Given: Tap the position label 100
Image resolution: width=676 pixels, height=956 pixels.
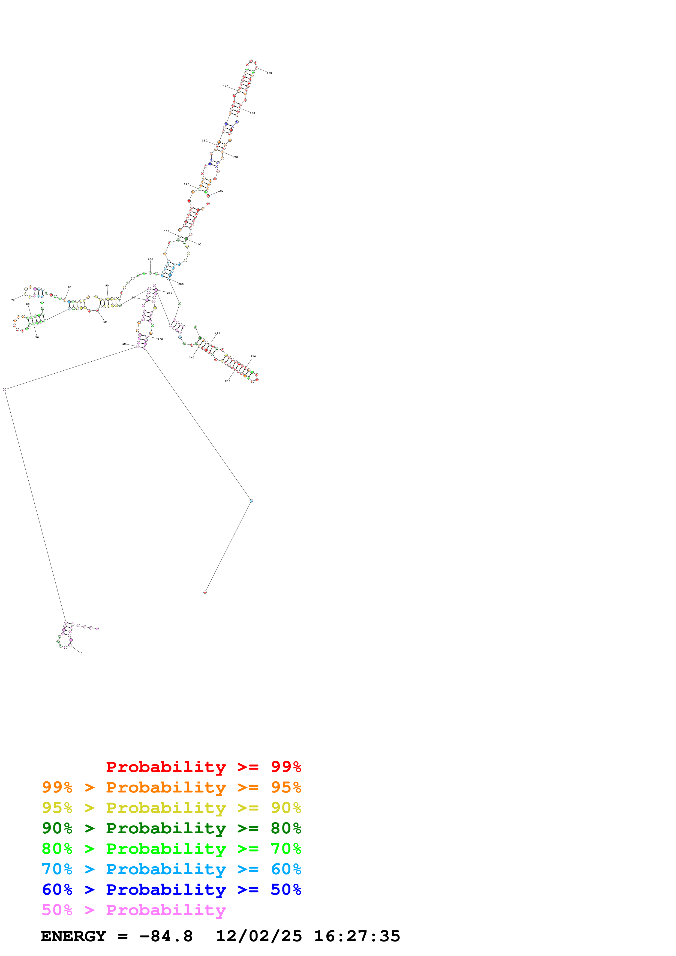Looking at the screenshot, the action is [x=150, y=259].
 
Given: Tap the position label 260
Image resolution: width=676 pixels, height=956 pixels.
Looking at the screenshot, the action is [x=160, y=339].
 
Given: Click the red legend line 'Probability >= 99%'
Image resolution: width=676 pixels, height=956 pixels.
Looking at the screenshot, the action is [x=203, y=767].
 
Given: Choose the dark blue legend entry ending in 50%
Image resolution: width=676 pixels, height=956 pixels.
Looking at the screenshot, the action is [x=171, y=890].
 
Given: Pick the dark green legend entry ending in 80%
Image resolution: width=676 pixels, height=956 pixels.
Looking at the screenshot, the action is [x=171, y=828].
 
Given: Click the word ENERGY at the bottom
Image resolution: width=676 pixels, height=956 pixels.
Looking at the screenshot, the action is [x=73, y=936].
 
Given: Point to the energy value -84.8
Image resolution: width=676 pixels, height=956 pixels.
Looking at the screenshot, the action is [x=166, y=936].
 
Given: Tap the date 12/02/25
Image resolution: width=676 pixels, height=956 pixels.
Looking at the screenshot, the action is [x=259, y=936].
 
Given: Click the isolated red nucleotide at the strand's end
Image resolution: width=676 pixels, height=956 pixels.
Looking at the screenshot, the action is [x=205, y=592].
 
